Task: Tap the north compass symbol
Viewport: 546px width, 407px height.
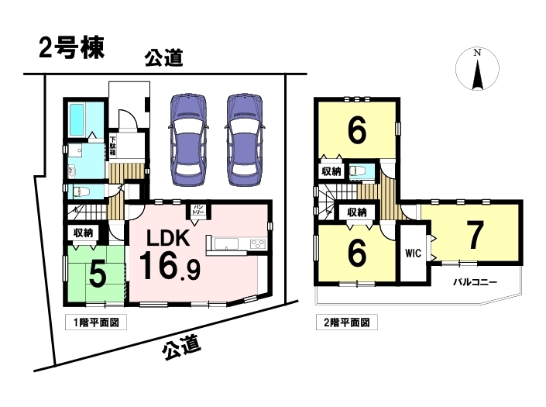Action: point(477,69)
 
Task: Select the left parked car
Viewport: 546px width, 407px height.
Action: point(188,140)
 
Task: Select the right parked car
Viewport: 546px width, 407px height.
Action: point(245,140)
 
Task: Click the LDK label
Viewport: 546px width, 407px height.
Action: point(168,238)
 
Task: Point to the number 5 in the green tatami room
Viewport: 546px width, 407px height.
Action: point(98,274)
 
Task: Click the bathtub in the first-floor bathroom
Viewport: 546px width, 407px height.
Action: point(77,120)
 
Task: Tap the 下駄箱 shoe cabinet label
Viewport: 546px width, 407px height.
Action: point(113,146)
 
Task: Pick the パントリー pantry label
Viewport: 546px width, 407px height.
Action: point(197,210)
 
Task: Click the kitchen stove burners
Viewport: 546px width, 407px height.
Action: point(258,243)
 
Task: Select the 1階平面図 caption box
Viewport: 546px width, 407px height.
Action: point(96,322)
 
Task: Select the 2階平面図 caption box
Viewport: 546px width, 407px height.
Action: point(346,322)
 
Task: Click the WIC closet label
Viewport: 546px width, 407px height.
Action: point(414,253)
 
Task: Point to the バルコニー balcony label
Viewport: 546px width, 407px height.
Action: point(475,282)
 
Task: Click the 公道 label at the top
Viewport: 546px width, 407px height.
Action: point(164,58)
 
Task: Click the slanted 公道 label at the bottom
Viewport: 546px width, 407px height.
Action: point(181,347)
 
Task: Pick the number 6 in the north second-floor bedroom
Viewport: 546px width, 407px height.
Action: point(357,130)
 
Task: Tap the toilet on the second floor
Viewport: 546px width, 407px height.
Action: point(359,171)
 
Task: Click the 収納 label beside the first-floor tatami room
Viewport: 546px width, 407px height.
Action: point(83,233)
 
